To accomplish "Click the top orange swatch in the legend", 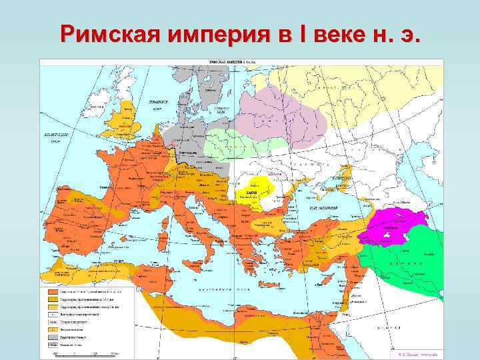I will tap(51, 292).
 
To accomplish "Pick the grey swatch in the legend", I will tap(51, 337).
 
